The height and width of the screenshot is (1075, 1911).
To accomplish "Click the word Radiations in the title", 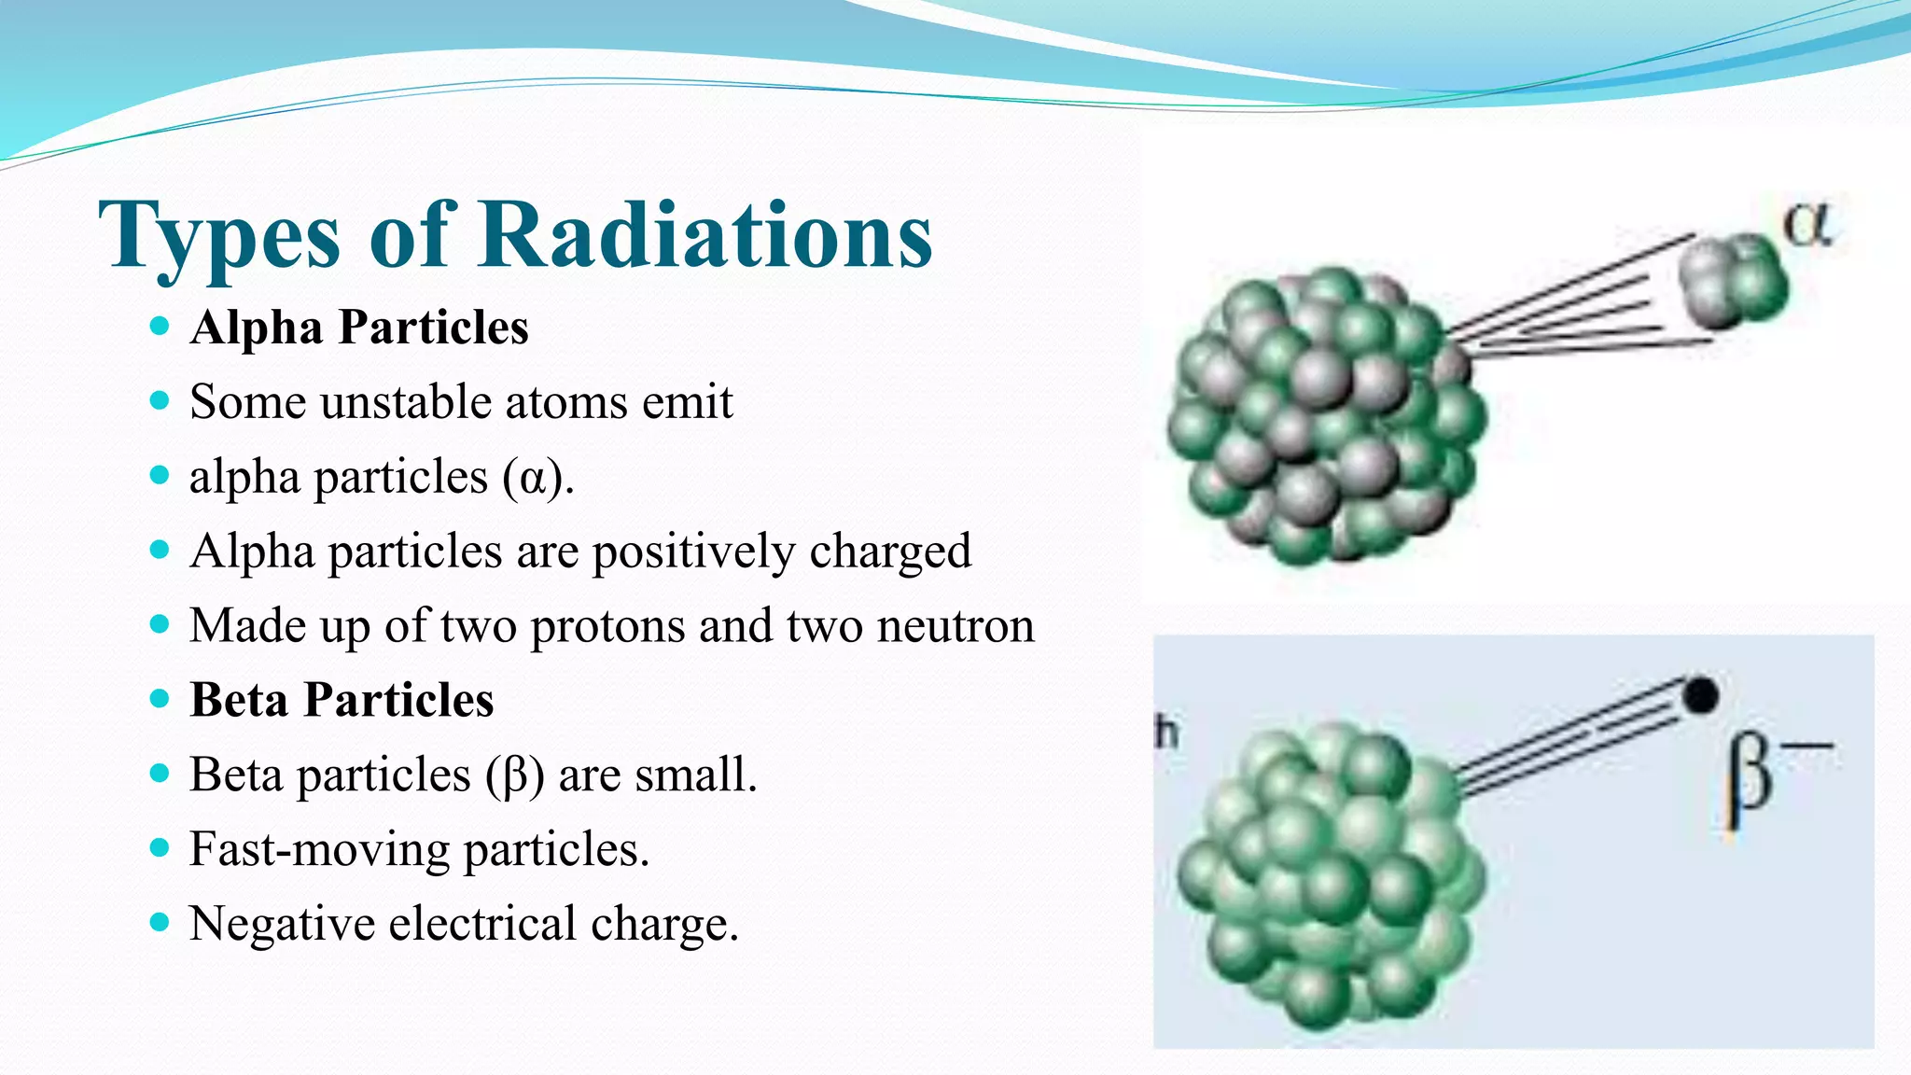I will pyautogui.click(x=705, y=235).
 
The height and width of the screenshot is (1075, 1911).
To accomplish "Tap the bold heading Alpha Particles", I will pyautogui.click(x=359, y=328).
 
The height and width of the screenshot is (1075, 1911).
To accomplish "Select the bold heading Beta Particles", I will pyautogui.click(x=342, y=700).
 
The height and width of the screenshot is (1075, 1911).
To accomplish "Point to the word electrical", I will pyautogui.click(x=482, y=924).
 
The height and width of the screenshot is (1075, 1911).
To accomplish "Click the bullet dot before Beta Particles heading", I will pyautogui.click(x=160, y=698).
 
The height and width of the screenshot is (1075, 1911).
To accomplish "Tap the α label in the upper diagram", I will pyautogui.click(x=1807, y=225).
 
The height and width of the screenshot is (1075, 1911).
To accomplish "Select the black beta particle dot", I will pyautogui.click(x=1700, y=695).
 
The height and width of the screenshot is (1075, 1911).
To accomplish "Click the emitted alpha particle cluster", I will pyautogui.click(x=1732, y=281).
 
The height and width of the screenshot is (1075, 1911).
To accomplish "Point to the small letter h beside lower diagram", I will pyautogui.click(x=1166, y=733).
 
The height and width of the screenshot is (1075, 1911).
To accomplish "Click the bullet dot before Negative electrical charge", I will pyautogui.click(x=160, y=922).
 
